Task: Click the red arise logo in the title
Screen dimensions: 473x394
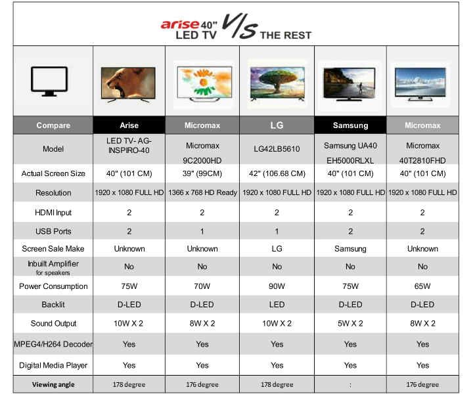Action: coord(180,24)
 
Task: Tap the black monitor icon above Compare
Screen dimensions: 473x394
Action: coord(49,81)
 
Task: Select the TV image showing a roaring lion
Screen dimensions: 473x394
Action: coord(129,85)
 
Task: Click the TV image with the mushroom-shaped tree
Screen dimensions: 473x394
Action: coord(277,83)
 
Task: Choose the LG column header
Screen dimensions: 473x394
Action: coord(277,125)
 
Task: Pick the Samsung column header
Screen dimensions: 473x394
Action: coord(350,125)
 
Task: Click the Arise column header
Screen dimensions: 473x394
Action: coord(129,125)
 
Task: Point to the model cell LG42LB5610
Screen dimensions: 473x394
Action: coord(277,148)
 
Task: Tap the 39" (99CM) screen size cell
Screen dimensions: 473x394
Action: coord(202,173)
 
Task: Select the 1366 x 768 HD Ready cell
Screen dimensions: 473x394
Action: coord(202,192)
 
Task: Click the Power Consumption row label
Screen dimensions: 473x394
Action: coord(53,286)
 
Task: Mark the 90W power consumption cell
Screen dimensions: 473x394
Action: coord(277,286)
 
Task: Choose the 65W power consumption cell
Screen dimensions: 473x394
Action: coord(422,286)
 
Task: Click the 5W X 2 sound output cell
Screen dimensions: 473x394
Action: coord(350,324)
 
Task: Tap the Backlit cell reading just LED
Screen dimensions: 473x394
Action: coord(277,305)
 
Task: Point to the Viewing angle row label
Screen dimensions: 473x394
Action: coord(53,384)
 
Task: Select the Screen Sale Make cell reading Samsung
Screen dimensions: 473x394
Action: coord(350,249)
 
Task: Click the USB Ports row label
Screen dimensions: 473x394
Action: coord(53,231)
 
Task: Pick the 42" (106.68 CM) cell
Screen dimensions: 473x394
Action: coord(277,173)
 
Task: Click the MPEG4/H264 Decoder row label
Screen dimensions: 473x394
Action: coord(53,344)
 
